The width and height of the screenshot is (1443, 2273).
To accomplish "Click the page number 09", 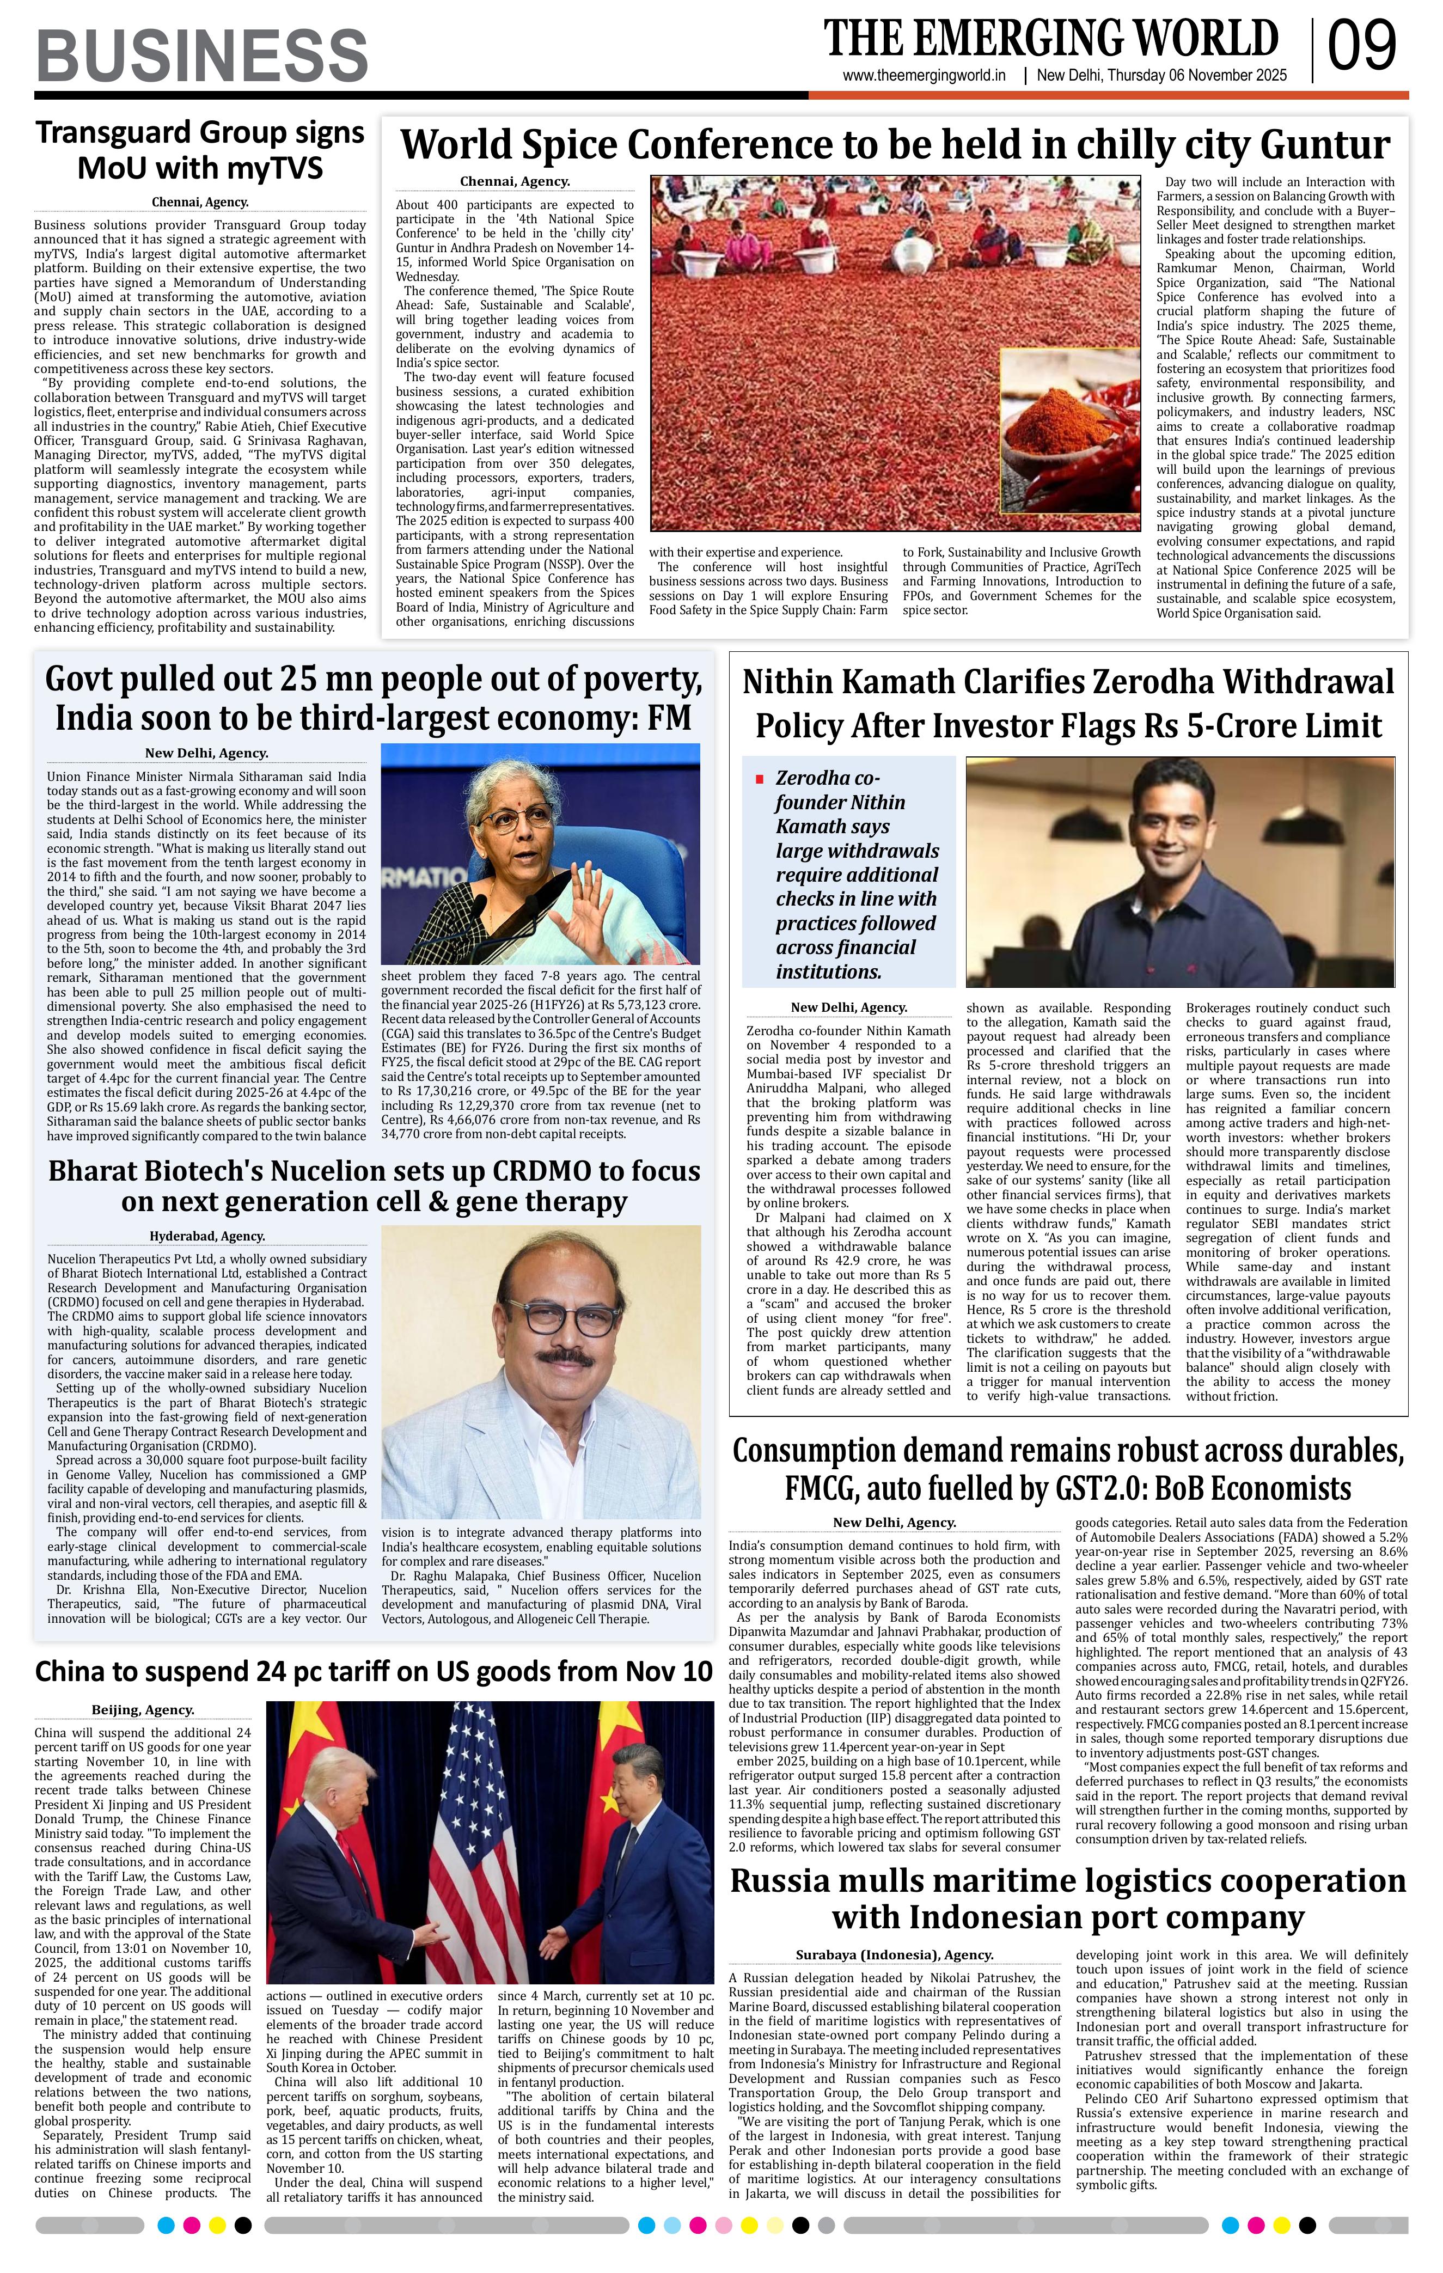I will (1362, 47).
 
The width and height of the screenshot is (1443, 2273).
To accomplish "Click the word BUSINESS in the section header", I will (201, 55).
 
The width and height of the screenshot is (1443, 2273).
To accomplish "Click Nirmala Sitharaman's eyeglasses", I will (515, 817).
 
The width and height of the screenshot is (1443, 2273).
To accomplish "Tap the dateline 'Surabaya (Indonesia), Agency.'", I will (894, 1955).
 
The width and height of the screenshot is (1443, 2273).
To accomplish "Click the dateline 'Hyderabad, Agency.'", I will (207, 1236).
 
